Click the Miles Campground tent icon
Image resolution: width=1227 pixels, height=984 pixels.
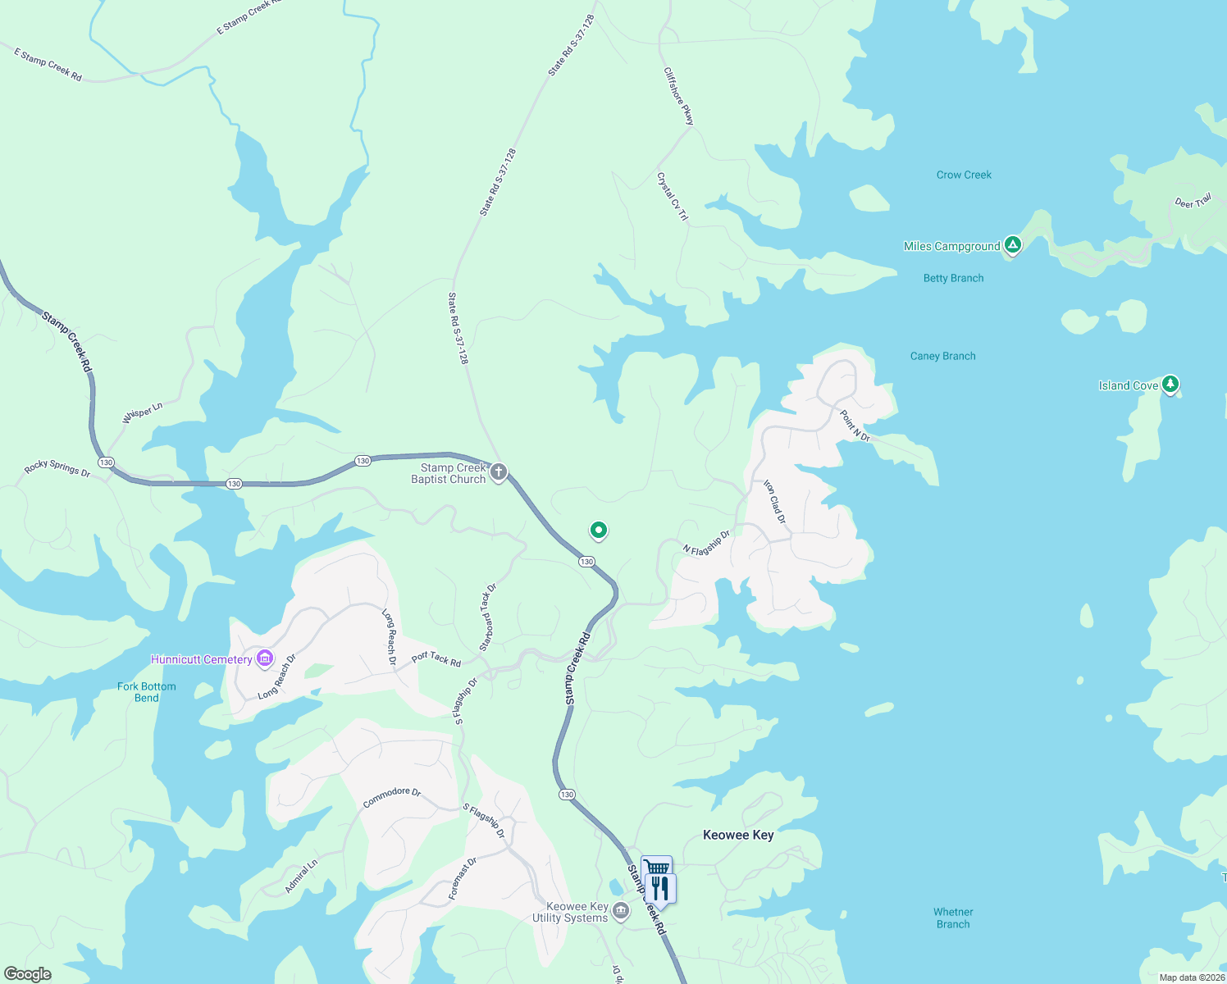pyautogui.click(x=1013, y=244)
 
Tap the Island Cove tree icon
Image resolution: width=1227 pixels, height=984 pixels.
pyautogui.click(x=1170, y=383)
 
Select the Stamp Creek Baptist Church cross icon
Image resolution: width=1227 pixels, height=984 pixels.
pyautogui.click(x=498, y=472)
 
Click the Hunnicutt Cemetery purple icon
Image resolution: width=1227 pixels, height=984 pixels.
pyautogui.click(x=264, y=658)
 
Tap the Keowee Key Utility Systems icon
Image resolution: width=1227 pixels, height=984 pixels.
pyautogui.click(x=621, y=911)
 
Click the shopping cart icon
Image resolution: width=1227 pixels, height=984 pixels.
pyautogui.click(x=656, y=868)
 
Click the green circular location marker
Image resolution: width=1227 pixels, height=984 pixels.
pyautogui.click(x=599, y=531)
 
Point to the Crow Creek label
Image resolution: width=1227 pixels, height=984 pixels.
pyautogui.click(x=964, y=175)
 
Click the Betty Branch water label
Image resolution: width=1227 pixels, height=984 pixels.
pyautogui.click(x=953, y=278)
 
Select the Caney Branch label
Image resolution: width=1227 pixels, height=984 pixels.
pyautogui.click(x=942, y=356)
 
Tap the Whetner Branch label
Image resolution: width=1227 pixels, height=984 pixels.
pyautogui.click(x=953, y=918)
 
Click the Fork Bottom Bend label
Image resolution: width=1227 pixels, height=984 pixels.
pyautogui.click(x=146, y=692)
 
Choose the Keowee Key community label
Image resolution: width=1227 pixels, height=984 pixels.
pyautogui.click(x=738, y=835)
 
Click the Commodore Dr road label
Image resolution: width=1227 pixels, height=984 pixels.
pyautogui.click(x=391, y=797)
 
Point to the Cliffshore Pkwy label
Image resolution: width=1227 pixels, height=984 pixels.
pyautogui.click(x=678, y=97)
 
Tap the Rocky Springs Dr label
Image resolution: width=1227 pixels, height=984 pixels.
pyautogui.click(x=57, y=468)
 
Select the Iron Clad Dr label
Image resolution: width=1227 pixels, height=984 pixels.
pyautogui.click(x=774, y=502)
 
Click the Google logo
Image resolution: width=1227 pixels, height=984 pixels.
pyautogui.click(x=28, y=974)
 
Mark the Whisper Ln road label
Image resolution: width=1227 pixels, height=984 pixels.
pyautogui.click(x=142, y=412)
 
